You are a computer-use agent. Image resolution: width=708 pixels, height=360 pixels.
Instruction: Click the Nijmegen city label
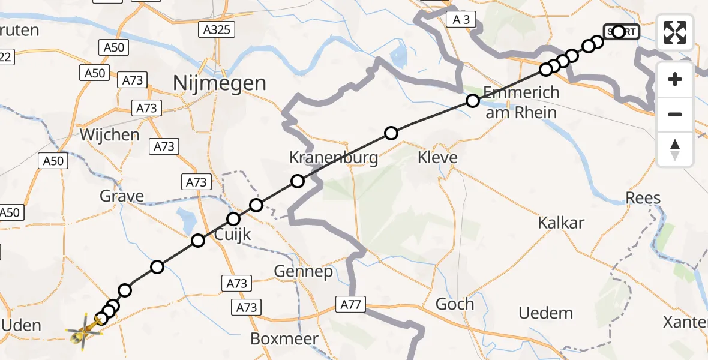(x=220, y=83)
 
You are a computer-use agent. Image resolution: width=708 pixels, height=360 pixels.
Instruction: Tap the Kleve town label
(x=437, y=158)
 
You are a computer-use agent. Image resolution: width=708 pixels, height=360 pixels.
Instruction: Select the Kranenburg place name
(x=334, y=158)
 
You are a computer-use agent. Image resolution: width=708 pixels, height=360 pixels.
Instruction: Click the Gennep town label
(x=303, y=272)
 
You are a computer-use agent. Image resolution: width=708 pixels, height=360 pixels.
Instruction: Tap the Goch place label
(x=455, y=304)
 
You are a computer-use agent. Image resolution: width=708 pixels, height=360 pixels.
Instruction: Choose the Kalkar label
(x=561, y=223)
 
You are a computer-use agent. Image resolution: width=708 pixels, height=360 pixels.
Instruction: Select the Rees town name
(x=643, y=198)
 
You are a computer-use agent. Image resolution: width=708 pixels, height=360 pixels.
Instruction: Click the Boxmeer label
(x=284, y=338)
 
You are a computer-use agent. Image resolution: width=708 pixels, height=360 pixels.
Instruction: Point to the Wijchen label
(x=110, y=134)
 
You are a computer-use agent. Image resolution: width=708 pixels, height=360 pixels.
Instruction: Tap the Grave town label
(x=122, y=196)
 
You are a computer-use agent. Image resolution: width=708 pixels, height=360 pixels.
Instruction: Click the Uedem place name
(x=546, y=313)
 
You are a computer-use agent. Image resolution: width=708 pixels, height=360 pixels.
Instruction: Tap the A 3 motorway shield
(x=461, y=20)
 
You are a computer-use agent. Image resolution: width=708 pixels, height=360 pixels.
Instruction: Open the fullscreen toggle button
(x=675, y=32)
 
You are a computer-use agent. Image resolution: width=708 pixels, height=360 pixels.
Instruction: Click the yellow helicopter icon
(x=83, y=331)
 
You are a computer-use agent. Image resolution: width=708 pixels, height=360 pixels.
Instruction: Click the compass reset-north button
(x=675, y=149)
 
